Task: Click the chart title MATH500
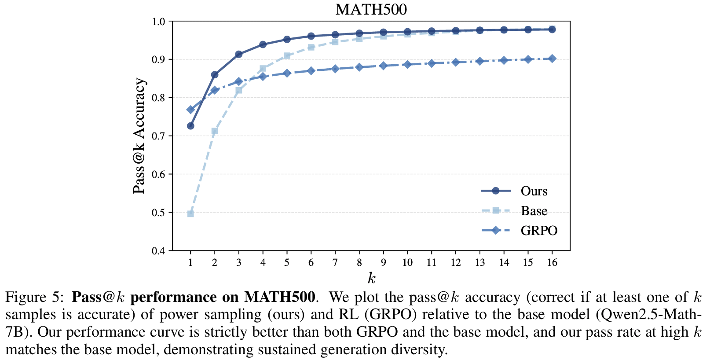click(x=371, y=9)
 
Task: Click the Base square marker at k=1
click(x=190, y=214)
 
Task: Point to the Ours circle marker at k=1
click(x=190, y=126)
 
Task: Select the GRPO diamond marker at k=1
click(x=190, y=110)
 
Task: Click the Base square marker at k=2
click(x=215, y=131)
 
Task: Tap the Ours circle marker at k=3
click(x=239, y=54)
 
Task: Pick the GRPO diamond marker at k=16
click(x=552, y=59)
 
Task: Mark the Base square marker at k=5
click(x=287, y=56)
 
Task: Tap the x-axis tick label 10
click(x=407, y=263)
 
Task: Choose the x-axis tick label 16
click(x=552, y=263)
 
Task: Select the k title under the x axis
click(x=372, y=278)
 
